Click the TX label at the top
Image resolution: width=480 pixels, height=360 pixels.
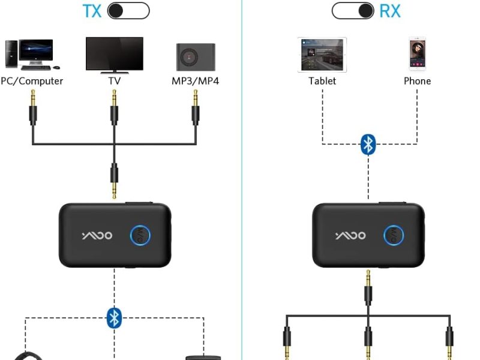[x=91, y=11]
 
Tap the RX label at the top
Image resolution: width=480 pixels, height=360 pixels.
[x=390, y=11]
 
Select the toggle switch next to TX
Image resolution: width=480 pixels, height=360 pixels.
[x=128, y=11]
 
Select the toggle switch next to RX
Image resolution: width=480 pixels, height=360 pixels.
[x=353, y=11]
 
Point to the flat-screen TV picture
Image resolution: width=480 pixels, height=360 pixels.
[x=114, y=55]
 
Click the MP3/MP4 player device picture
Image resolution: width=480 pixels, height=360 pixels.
[x=196, y=56]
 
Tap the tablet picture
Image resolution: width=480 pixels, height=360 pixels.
[x=322, y=55]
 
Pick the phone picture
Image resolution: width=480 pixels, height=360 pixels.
[x=417, y=54]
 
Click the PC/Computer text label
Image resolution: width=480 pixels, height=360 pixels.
[x=32, y=81]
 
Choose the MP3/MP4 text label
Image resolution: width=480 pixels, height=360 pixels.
[x=196, y=81]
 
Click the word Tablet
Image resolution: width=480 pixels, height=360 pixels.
[x=322, y=81]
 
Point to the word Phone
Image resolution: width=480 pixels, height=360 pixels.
[x=417, y=81]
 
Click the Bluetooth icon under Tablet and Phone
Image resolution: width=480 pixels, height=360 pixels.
[x=369, y=144]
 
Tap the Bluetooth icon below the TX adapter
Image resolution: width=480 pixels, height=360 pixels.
[x=114, y=317]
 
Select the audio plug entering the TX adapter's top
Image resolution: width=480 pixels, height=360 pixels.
[x=114, y=180]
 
